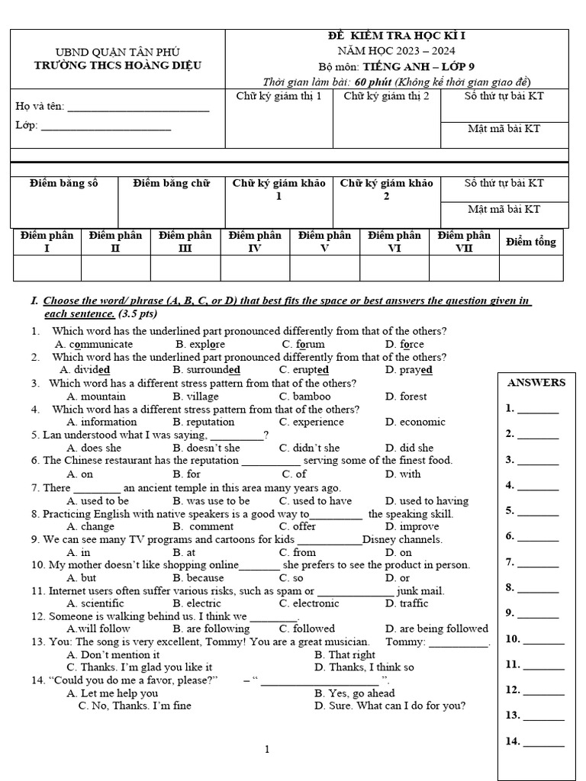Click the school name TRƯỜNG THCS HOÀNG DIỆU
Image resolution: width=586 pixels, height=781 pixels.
118,66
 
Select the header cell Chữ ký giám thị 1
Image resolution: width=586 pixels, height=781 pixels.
279,96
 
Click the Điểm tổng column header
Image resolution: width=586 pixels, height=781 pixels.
531,242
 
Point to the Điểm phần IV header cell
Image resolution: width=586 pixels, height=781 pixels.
255,242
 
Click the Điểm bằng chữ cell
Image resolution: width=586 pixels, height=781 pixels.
171,184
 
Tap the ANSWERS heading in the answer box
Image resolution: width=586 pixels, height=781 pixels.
536,383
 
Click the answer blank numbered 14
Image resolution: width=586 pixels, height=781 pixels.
543,742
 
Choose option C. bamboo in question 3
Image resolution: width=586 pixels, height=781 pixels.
304,397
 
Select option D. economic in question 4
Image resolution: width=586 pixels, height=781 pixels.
415,422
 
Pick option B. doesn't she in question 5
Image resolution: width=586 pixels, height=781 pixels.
206,448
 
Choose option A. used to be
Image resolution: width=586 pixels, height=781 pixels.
98,501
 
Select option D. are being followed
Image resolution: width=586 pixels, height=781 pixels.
436,629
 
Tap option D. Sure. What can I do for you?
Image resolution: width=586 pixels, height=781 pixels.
390,705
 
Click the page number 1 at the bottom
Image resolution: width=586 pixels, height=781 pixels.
267,750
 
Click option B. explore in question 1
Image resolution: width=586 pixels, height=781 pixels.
200,344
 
